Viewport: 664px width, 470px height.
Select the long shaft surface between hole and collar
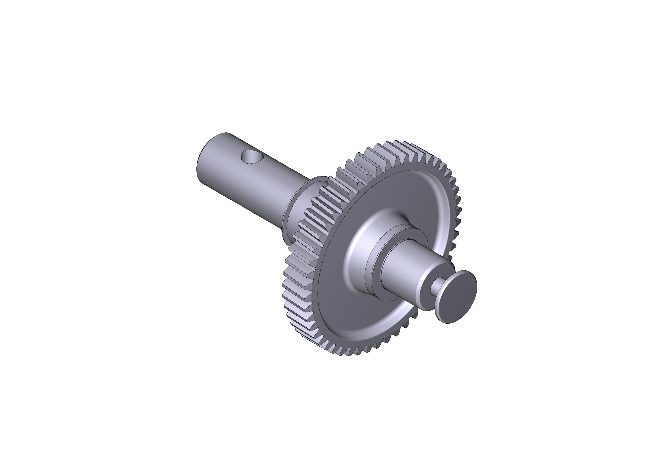(x=278, y=185)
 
